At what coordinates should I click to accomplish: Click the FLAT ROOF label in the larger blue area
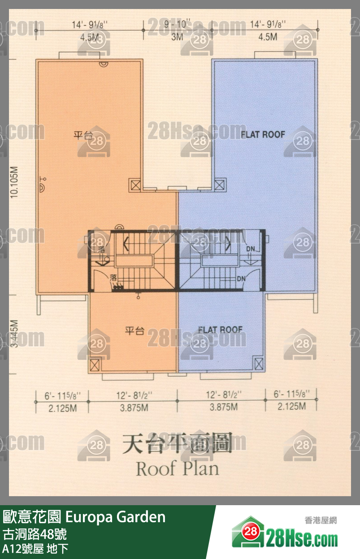click(263, 134)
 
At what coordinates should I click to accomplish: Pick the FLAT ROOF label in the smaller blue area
click(220, 330)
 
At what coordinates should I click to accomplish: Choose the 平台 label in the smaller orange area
click(134, 332)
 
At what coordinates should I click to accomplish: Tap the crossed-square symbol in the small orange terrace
click(95, 364)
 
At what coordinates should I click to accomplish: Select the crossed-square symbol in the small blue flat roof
click(258, 364)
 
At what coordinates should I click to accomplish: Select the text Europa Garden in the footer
click(116, 517)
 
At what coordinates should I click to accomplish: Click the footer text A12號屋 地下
click(35, 548)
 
